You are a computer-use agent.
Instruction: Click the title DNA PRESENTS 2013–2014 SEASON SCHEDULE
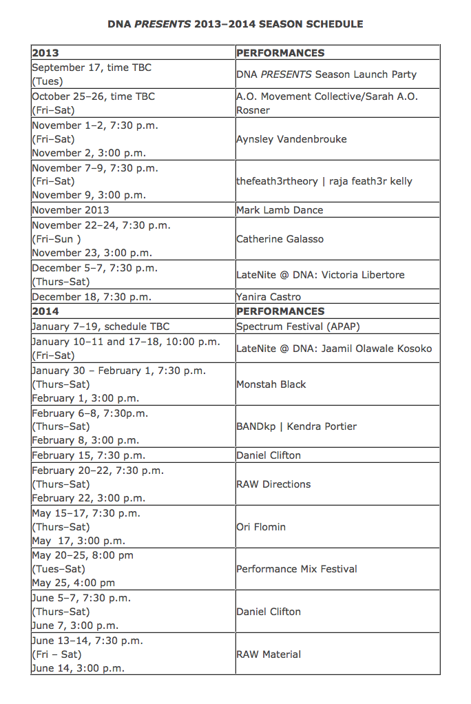pos(235,24)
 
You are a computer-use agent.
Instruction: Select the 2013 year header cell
pos(45,53)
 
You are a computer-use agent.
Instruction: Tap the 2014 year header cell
pos(45,311)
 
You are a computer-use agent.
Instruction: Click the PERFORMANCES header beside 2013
pos(280,53)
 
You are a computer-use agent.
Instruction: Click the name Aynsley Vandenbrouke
pos(291,139)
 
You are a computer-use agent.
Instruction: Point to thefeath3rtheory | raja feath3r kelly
pos(324,182)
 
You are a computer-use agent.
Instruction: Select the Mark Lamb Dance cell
pos(280,210)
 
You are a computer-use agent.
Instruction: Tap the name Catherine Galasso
pos(280,239)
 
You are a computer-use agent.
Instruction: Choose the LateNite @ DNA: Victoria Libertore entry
pos(320,275)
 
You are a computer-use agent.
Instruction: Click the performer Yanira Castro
pos(269,297)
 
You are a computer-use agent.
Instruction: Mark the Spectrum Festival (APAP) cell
pos(298,327)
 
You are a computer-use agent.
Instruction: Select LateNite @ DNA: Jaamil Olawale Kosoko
pos(334,349)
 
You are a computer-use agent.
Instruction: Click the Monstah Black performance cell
pos(271,384)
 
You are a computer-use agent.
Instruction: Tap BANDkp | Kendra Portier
pos(296,426)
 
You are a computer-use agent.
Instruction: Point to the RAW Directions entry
pos(273,484)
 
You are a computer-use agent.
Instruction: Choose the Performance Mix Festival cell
pos(297,569)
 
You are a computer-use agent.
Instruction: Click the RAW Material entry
pos(269,654)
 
